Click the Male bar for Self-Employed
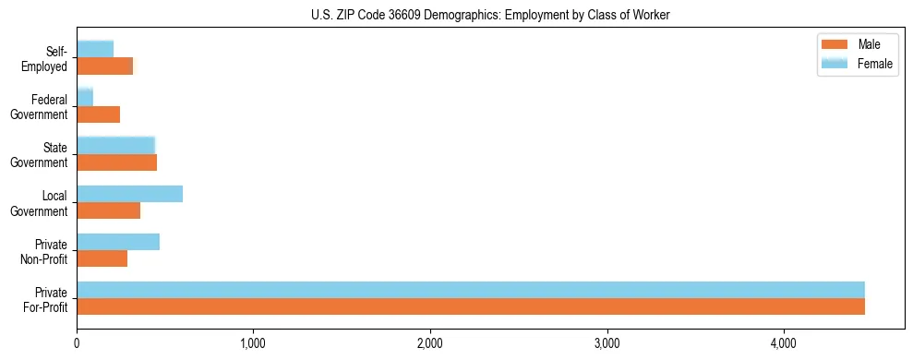(x=105, y=66)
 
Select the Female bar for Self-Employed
(x=95, y=48)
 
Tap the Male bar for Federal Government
(x=99, y=114)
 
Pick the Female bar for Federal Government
(x=85, y=97)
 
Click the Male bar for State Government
(x=117, y=162)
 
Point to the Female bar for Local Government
(x=130, y=194)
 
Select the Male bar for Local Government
(x=109, y=210)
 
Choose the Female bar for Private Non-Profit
(x=118, y=242)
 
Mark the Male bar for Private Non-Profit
(x=102, y=258)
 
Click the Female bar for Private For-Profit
(x=471, y=290)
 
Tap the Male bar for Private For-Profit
(x=471, y=306)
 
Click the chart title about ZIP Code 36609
(x=490, y=14)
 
